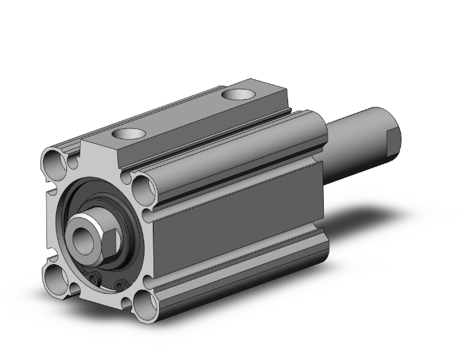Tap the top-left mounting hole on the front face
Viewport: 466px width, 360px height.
55,165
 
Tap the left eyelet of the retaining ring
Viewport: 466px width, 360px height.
95,279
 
